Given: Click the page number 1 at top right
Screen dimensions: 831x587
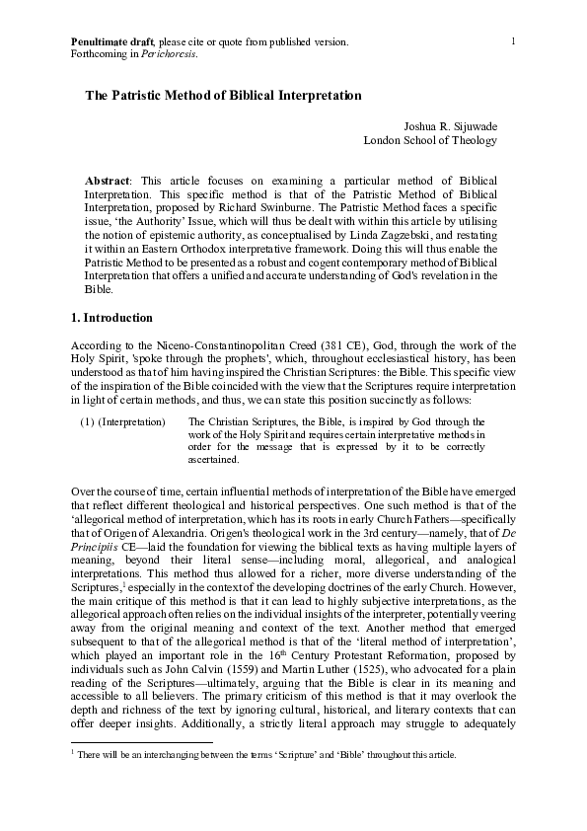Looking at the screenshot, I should coord(514,39).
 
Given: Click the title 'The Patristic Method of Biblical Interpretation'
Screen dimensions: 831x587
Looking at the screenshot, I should coord(224,96).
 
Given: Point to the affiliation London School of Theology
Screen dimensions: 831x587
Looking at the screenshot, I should coord(430,140).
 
